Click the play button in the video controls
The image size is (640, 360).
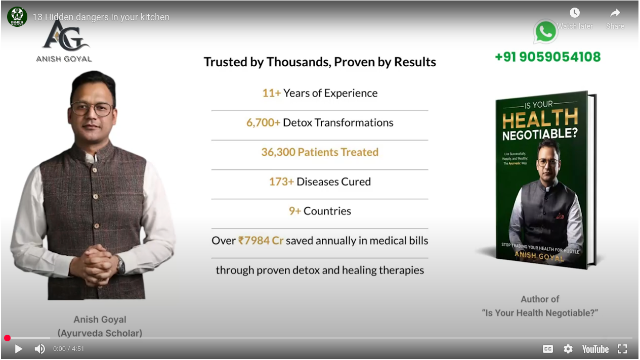(x=19, y=348)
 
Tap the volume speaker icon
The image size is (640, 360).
(x=39, y=348)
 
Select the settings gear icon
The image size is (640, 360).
(x=568, y=349)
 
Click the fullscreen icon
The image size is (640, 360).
(x=622, y=349)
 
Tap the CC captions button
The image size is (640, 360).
(x=548, y=349)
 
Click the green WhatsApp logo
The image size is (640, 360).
(x=545, y=31)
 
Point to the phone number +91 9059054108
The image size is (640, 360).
(x=548, y=57)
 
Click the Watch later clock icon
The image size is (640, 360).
(x=575, y=13)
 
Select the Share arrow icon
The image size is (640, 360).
(x=615, y=13)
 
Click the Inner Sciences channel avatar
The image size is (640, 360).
(x=17, y=17)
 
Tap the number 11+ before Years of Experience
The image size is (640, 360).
(x=271, y=93)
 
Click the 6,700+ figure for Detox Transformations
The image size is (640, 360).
(x=263, y=123)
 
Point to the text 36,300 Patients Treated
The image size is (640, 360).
(x=320, y=152)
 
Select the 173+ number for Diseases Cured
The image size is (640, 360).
(x=281, y=182)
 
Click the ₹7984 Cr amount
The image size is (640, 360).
(x=261, y=240)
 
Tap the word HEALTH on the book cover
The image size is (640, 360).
(x=540, y=118)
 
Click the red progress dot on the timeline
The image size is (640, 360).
(x=8, y=338)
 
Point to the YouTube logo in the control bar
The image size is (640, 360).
(x=595, y=349)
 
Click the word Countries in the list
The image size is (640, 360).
(x=327, y=211)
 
